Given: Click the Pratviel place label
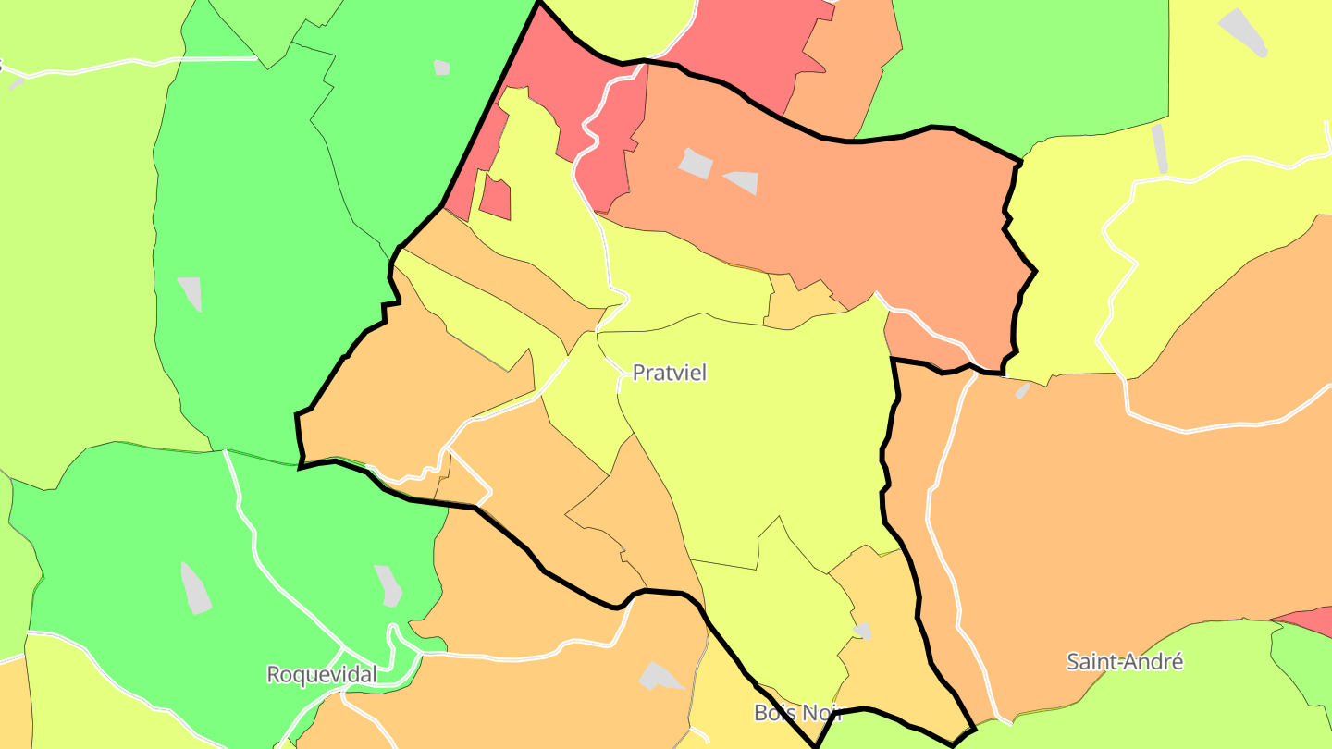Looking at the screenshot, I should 669,373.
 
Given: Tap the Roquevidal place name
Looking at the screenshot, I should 321,674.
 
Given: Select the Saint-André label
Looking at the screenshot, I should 1124,661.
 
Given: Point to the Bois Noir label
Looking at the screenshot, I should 797,712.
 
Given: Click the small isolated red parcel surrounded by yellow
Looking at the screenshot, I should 495,197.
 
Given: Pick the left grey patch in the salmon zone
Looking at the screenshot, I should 697,164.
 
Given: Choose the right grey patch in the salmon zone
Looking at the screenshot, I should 743,181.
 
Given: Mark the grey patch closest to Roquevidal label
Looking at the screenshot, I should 388,584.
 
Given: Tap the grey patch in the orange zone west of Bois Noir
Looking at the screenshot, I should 660,676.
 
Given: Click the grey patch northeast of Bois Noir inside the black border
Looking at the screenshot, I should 861,631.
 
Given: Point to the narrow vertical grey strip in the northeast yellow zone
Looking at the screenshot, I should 1160,148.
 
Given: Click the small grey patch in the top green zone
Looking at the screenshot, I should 442,68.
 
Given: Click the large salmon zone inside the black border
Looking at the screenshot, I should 832,213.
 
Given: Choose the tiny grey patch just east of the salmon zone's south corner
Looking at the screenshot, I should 1022,391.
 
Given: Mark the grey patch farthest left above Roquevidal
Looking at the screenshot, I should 190,293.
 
